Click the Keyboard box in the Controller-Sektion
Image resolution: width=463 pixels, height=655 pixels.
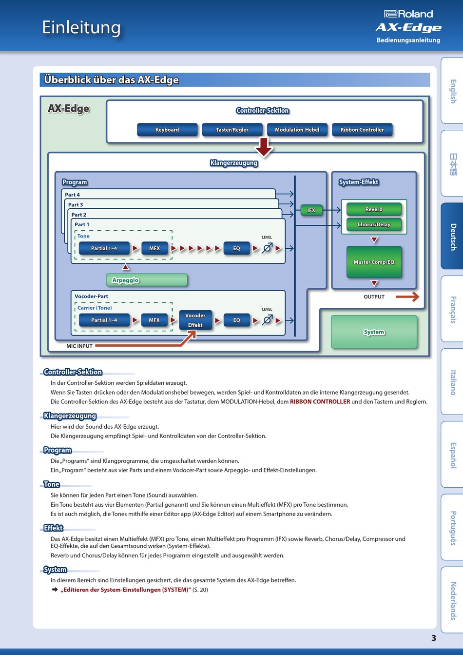tap(167, 130)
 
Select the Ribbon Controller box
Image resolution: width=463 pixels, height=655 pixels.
tap(362, 130)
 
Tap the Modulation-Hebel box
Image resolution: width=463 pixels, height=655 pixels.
tap(297, 130)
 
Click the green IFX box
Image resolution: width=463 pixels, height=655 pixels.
tap(311, 210)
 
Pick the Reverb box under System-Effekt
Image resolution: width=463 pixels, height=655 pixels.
tap(374, 209)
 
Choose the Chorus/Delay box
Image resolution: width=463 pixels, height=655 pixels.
tap(374, 224)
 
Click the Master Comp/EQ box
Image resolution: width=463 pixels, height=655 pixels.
tap(374, 262)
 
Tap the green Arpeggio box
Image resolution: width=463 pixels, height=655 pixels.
tap(146, 280)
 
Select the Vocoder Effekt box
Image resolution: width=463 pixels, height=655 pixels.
tap(195, 320)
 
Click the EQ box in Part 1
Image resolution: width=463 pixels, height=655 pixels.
tap(236, 248)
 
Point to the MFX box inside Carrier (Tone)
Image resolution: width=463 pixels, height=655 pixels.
tap(154, 320)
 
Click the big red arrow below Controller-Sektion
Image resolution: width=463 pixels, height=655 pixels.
tap(264, 147)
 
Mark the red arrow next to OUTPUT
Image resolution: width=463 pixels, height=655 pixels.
tap(407, 297)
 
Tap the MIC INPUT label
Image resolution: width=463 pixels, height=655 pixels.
tap(79, 346)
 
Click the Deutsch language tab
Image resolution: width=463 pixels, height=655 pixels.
tap(452, 236)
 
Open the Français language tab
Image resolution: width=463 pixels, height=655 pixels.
tap(452, 309)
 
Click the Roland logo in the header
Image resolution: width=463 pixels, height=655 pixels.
tap(408, 14)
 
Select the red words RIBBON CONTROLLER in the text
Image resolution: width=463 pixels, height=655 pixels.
tap(320, 401)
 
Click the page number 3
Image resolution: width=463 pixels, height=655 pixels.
tap(434, 638)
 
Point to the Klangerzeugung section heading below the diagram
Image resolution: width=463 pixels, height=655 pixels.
tap(70, 416)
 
